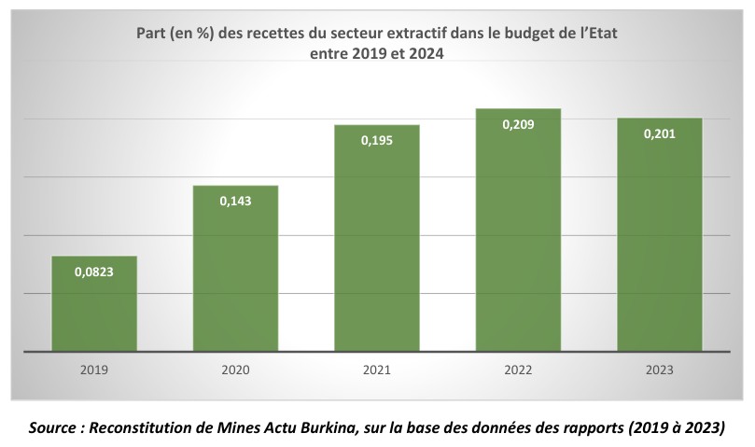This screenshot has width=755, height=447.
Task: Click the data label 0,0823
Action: click(94, 272)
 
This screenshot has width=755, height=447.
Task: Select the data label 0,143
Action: click(235, 201)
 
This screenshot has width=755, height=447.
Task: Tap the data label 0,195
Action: click(377, 140)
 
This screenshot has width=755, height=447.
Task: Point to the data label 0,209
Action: click(518, 124)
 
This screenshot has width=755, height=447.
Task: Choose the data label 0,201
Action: click(659, 133)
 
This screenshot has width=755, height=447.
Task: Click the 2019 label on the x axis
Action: click(94, 370)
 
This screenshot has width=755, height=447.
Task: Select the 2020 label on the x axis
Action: click(235, 370)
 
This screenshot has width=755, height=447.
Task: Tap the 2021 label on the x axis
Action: click(377, 370)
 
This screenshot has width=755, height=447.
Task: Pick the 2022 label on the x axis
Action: click(518, 370)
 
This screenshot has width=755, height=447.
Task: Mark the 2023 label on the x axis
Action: click(659, 370)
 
